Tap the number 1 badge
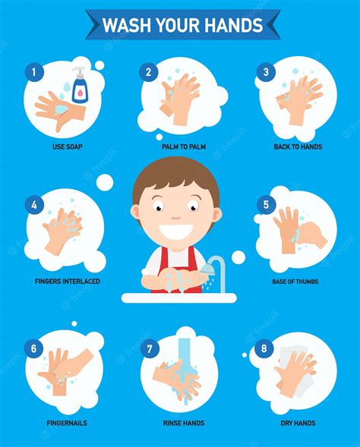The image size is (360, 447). click(33, 73)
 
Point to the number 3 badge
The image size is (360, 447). click(266, 73)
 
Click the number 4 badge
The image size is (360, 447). click(33, 204)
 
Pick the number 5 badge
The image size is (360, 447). click(266, 204)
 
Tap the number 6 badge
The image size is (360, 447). click(33, 329)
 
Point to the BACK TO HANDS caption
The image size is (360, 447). click(298, 146)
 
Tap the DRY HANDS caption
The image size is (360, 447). click(298, 423)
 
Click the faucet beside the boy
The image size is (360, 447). click(216, 267)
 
